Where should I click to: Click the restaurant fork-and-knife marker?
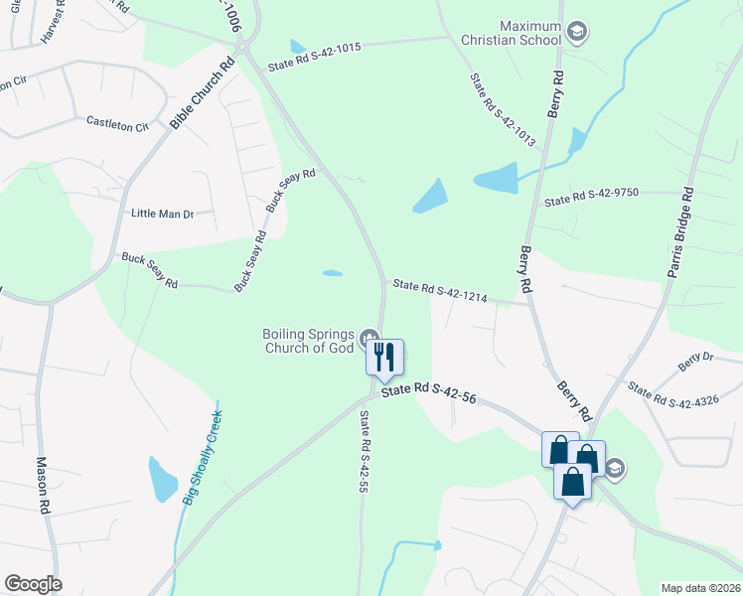click(x=385, y=357)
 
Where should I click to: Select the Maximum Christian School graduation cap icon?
click(x=577, y=33)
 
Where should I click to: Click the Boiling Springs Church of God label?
click(x=308, y=341)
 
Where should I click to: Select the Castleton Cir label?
click(x=117, y=124)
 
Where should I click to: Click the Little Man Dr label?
click(x=162, y=214)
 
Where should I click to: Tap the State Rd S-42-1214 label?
click(x=440, y=291)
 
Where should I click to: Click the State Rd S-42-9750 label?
click(x=591, y=200)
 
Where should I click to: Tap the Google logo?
click(x=33, y=584)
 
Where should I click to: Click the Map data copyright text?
click(x=700, y=588)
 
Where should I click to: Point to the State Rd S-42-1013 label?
click(x=502, y=110)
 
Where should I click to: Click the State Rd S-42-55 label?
click(x=364, y=453)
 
